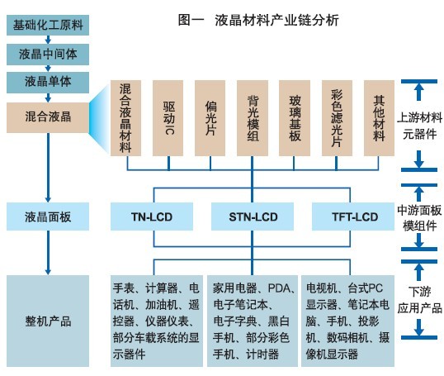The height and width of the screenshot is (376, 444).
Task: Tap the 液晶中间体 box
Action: click(x=47, y=54)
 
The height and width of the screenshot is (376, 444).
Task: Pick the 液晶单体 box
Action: click(x=47, y=83)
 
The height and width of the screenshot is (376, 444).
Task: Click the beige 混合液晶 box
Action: click(x=47, y=117)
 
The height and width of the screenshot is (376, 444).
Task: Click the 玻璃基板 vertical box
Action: click(x=296, y=117)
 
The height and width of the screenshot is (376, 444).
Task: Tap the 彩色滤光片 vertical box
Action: click(x=338, y=117)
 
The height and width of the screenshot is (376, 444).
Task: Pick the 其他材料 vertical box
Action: click(x=380, y=117)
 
